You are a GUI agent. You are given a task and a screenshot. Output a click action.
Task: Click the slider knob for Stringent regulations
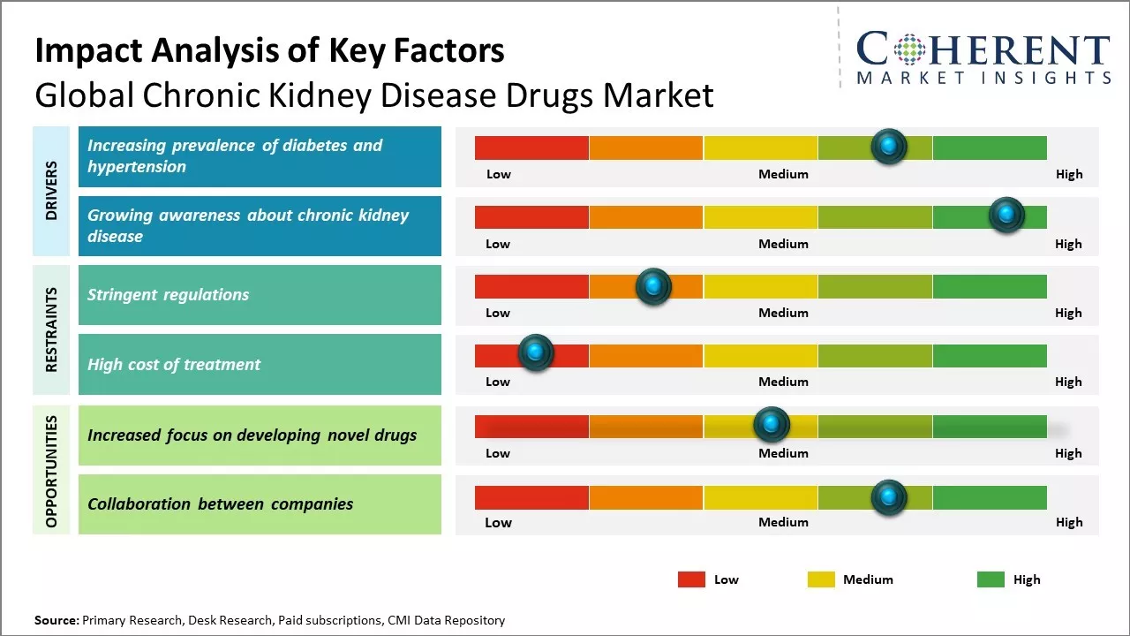click(653, 286)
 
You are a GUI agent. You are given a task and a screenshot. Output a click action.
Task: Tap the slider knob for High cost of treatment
click(535, 352)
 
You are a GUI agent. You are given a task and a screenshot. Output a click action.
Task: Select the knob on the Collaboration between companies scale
click(888, 497)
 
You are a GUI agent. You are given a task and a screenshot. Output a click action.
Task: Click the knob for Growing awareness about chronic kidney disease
click(1006, 215)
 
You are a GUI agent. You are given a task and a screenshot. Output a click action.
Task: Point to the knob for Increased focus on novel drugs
click(772, 425)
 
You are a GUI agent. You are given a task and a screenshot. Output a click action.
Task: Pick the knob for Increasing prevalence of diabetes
click(888, 146)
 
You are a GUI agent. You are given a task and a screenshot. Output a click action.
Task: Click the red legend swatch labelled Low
click(691, 579)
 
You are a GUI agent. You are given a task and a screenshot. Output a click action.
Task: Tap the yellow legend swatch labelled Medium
click(821, 579)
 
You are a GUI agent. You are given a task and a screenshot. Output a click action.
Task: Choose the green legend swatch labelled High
click(991, 579)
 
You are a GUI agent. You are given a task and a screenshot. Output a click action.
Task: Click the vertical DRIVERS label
click(51, 191)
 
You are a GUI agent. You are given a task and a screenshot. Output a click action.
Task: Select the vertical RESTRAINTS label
click(51, 329)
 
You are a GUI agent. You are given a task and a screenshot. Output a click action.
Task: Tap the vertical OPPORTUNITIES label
click(51, 471)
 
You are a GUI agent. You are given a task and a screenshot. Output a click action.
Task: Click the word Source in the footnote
click(56, 620)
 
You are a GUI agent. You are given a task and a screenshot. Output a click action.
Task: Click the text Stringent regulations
click(168, 295)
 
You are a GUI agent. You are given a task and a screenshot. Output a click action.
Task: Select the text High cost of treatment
click(174, 364)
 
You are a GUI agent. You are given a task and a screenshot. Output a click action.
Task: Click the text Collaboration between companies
click(220, 504)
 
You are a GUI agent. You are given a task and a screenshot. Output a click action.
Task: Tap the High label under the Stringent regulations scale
click(1068, 313)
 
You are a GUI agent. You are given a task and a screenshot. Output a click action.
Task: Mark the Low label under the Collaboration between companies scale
click(498, 522)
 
